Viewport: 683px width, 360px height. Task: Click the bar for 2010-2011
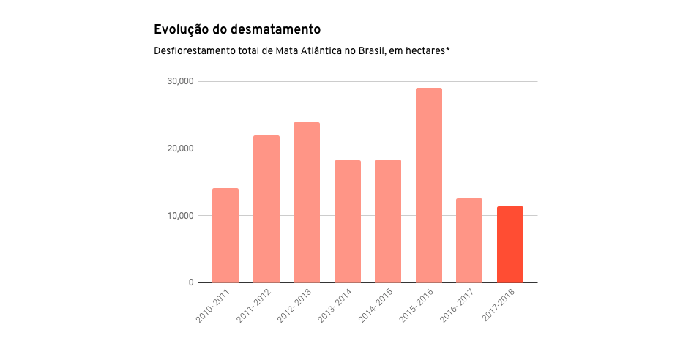pyautogui.click(x=225, y=236)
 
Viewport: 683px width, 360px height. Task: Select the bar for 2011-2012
pyautogui.click(x=266, y=209)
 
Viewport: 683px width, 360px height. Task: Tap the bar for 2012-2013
pyautogui.click(x=307, y=203)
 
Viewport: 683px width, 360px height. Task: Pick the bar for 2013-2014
pyautogui.click(x=347, y=222)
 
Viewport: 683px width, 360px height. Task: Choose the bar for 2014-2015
pyautogui.click(x=388, y=221)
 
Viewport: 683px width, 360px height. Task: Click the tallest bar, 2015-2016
pyautogui.click(x=428, y=185)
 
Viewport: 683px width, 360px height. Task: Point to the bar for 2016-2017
pyautogui.click(x=469, y=241)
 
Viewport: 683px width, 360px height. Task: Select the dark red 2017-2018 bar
pyautogui.click(x=510, y=244)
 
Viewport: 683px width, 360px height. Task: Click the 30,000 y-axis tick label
pyautogui.click(x=180, y=81)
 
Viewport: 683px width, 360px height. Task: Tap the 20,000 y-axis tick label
pyautogui.click(x=180, y=149)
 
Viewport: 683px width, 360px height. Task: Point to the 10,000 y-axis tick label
pyautogui.click(x=180, y=216)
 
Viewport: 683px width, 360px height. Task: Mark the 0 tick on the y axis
pyautogui.click(x=190, y=282)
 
